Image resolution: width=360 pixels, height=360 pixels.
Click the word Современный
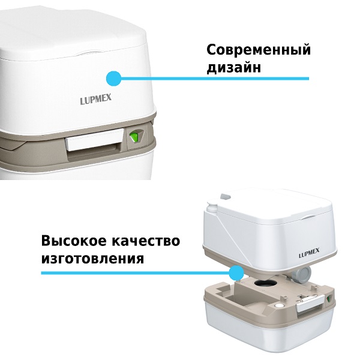click(x=259, y=50)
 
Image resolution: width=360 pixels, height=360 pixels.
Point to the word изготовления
click(x=92, y=259)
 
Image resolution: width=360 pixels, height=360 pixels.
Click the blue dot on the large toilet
click(x=113, y=78)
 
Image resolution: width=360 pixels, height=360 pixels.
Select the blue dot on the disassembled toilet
click(x=236, y=273)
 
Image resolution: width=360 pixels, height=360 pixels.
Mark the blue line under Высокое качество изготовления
click(x=138, y=273)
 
